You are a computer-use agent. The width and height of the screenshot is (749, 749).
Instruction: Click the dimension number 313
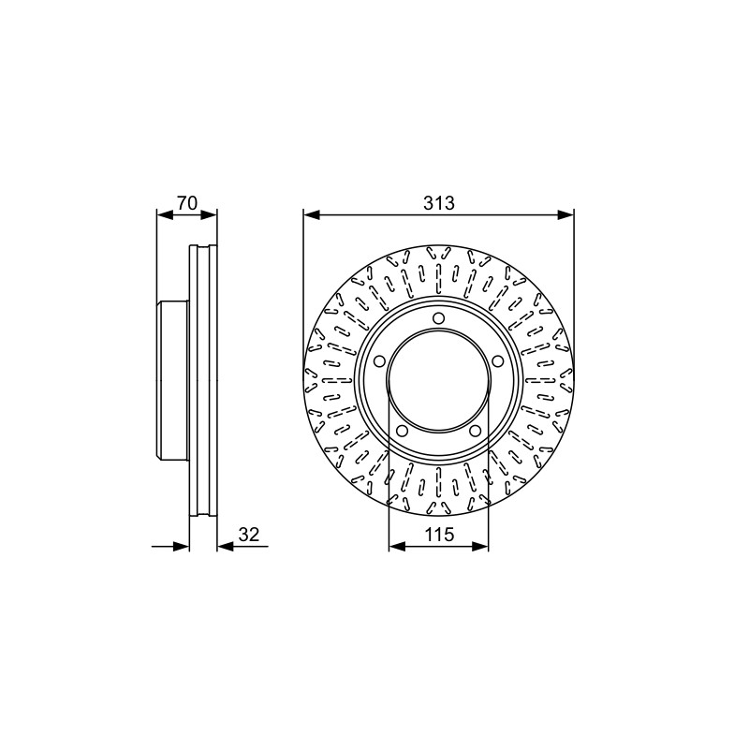438,203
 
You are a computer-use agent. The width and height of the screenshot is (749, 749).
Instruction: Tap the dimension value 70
186,203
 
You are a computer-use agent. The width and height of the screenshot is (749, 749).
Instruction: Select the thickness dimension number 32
248,534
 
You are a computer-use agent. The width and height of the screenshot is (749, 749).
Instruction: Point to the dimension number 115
439,535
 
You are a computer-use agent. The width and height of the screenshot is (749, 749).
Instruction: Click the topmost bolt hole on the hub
438,318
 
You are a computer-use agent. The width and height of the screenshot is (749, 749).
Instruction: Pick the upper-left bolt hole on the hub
380,361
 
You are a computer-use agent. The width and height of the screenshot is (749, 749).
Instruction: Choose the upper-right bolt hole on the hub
497,360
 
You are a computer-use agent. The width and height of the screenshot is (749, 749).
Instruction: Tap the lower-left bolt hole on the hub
403,431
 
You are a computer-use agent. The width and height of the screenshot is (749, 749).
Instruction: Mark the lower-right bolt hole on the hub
475,431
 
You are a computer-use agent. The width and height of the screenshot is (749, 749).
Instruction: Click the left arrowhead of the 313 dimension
311,215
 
